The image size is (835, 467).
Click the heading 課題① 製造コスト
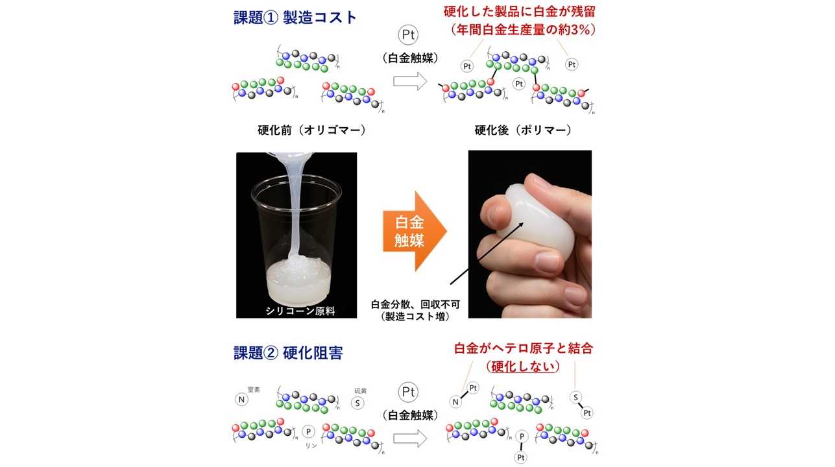click(x=296, y=17)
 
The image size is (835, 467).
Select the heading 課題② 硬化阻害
click(x=288, y=353)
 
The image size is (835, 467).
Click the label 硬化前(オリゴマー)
click(x=311, y=130)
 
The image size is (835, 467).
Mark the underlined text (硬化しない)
click(x=523, y=366)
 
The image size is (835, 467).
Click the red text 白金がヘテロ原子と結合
click(x=524, y=348)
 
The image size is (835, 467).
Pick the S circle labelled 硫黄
click(x=356, y=402)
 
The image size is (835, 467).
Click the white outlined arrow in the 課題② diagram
click(x=409, y=438)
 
